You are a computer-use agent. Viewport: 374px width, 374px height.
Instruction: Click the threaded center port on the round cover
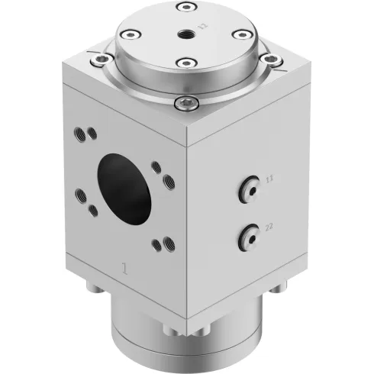point(186,34)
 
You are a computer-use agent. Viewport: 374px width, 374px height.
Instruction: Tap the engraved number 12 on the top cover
point(203,26)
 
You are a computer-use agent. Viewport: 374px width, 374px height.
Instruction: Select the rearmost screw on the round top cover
point(183,8)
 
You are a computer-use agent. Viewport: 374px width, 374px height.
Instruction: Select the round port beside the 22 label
point(248,237)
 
